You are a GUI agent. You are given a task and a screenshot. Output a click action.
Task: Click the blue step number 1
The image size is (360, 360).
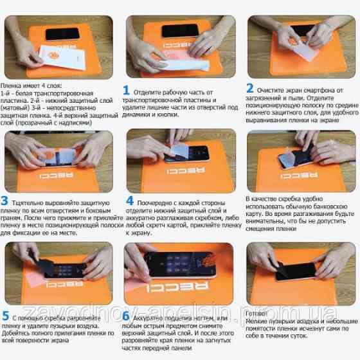[x=126, y=90]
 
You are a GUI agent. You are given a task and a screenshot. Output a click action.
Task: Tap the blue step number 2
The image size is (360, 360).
[x=249, y=88]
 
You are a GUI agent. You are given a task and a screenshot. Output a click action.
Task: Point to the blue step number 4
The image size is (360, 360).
[x=129, y=201]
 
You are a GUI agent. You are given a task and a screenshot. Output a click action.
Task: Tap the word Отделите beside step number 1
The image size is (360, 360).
[x=150, y=92]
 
